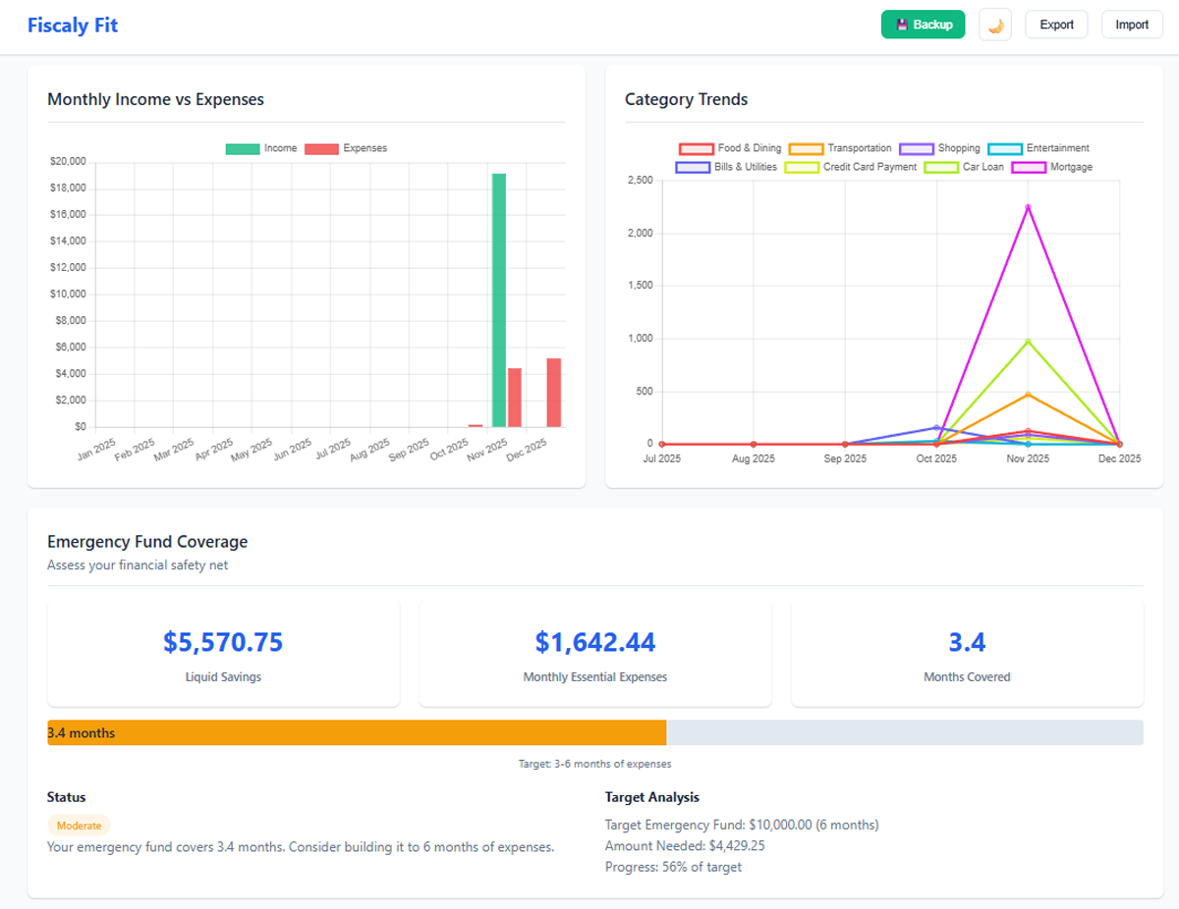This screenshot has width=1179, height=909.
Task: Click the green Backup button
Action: click(923, 25)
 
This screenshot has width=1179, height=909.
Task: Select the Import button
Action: click(1132, 25)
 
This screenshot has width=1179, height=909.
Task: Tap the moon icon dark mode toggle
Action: click(995, 25)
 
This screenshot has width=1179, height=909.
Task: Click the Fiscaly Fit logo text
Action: click(73, 25)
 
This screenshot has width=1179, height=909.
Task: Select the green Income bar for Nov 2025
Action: click(499, 299)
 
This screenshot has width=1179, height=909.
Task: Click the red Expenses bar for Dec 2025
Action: click(554, 393)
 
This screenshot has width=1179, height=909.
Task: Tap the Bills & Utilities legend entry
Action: click(726, 167)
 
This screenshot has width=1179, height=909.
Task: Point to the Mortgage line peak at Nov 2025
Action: click(1028, 207)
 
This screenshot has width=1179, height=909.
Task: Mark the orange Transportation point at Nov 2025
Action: click(1028, 395)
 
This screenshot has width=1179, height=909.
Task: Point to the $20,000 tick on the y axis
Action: click(68, 161)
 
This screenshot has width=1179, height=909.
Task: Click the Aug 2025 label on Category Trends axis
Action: click(754, 458)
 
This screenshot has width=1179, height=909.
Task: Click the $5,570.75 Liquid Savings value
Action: click(223, 642)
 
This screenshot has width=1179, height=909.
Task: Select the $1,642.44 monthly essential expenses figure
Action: click(594, 642)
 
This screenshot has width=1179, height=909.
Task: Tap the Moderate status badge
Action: click(79, 826)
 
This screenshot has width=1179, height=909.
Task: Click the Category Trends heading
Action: click(686, 99)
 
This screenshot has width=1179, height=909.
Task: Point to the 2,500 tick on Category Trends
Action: click(639, 181)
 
